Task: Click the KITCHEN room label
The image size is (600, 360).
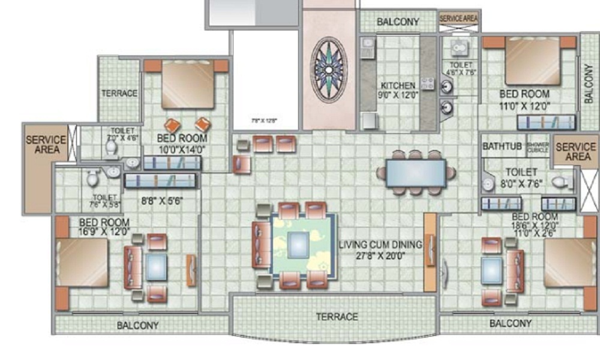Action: coord(397,85)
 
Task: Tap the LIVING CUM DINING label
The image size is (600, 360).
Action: coord(380,244)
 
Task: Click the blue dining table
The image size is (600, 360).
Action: coord(416,173)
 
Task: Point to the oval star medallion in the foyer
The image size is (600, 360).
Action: coord(329,70)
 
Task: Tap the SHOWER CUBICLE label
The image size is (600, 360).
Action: coord(538,146)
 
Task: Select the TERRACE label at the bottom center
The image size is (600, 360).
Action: coord(337,316)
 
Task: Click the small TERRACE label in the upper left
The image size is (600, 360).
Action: coord(119,94)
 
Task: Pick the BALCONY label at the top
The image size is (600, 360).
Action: coord(398,22)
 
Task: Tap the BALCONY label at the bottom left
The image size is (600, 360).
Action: coord(137,325)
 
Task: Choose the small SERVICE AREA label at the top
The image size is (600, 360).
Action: coord(459,19)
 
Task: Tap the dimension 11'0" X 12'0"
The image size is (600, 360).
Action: coord(525,106)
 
